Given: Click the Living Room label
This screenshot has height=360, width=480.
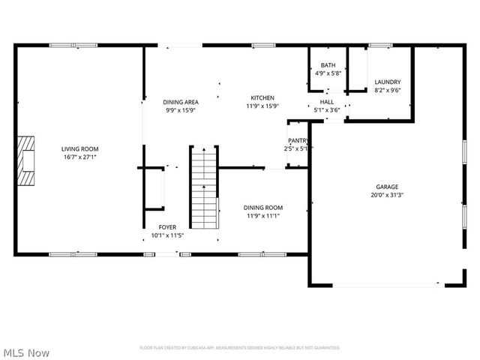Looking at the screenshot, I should point(79,148).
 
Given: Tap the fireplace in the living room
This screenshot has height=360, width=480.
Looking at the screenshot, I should point(27,160).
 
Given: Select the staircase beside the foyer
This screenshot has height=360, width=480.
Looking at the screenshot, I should point(202,187).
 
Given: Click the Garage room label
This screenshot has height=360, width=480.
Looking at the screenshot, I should point(387,187).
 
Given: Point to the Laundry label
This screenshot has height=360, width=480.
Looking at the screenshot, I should point(388,82).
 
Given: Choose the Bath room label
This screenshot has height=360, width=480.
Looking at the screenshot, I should point(328,65).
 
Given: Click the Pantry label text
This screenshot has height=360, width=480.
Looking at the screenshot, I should point(298,140).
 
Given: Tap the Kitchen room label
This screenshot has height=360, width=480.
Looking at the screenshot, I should point(262,97).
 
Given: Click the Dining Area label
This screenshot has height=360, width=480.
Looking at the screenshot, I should point(180,101).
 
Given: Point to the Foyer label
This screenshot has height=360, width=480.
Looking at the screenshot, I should point(167,226).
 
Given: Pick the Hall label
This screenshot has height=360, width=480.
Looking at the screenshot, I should point(327,101).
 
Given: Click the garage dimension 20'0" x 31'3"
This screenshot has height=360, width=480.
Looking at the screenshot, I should point(387,195).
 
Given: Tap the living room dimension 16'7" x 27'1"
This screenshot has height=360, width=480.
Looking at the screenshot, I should point(79,157).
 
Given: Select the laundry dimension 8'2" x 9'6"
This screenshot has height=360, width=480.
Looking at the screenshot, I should point(388,90).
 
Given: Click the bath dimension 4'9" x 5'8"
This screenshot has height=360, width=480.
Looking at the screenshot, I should point(328,73).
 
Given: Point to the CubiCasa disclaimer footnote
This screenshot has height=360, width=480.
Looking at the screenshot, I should point(240,348).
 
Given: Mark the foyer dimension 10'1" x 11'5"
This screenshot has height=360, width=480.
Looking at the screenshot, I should point(167,235).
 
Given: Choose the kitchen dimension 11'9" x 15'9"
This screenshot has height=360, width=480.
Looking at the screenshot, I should point(262,106).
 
